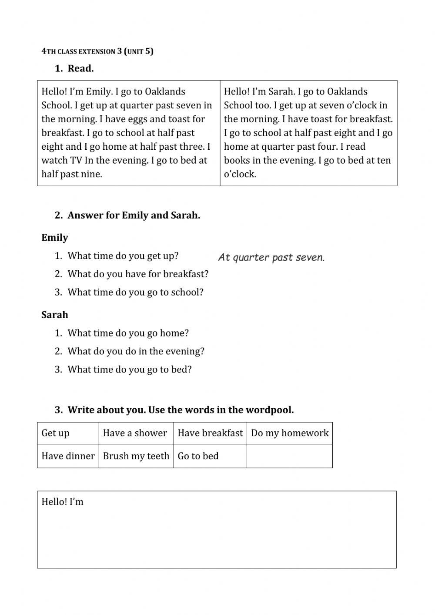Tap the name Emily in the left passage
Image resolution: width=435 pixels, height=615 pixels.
coord(99,92)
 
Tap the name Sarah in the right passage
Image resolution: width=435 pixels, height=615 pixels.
coord(282,92)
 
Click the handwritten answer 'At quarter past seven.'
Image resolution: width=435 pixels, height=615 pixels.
coord(271,257)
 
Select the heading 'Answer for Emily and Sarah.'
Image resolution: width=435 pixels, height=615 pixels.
coord(134,215)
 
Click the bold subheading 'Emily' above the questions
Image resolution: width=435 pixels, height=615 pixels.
coord(55,238)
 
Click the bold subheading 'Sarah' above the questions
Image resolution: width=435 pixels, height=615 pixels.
coord(55,315)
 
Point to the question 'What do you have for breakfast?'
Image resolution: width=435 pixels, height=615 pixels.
coord(138,274)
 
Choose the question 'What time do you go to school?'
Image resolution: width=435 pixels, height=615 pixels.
coord(135,292)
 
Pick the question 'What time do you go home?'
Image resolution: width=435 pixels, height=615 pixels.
coord(128,333)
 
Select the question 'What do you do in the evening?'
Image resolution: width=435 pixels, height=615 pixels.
coord(136,351)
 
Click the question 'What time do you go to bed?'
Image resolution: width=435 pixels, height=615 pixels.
coord(130,370)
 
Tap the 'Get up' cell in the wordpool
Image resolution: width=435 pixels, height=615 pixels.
coord(56,433)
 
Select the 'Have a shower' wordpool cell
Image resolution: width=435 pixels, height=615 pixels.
coord(135,433)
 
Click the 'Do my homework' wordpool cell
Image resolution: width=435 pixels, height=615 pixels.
coord(290,433)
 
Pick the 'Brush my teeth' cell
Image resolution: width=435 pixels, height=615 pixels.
coord(136,456)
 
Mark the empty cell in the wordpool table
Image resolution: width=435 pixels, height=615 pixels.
coord(289,456)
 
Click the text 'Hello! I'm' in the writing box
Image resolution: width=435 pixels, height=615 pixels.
coord(63,502)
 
